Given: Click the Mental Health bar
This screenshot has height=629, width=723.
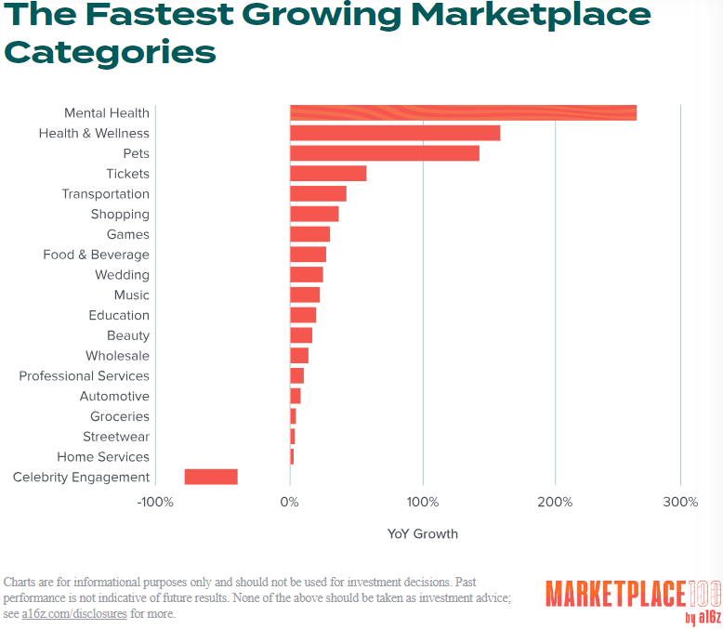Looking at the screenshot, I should tap(463, 113).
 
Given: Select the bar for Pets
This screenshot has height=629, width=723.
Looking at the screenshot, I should tap(385, 153).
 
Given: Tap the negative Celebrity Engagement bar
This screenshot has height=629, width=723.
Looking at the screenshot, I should tap(211, 477).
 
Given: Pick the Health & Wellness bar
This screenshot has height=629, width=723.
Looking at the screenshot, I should tap(395, 134).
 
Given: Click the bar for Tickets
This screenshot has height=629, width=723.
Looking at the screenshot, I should tap(328, 174).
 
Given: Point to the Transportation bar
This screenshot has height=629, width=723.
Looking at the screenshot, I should tap(318, 194).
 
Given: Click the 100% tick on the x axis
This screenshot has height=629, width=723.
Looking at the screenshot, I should tap(423, 503).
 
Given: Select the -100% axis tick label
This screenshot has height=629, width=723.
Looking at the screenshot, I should tap(154, 503).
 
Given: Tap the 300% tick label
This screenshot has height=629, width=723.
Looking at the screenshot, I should tap(681, 503).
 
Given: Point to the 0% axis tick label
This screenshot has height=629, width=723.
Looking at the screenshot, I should tap(290, 503).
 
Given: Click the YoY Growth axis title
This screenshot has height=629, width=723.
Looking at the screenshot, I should tap(423, 534).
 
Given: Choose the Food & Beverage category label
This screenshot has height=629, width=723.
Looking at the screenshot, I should tap(96, 255).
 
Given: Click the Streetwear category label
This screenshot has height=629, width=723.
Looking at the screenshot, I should tap(116, 437).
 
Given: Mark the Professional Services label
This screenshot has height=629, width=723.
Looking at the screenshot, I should tap(84, 376).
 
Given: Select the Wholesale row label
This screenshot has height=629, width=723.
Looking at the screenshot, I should tap(117, 356).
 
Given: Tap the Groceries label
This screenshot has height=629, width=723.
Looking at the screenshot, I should tap(120, 416).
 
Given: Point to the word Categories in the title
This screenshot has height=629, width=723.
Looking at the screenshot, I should tap(110, 52).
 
